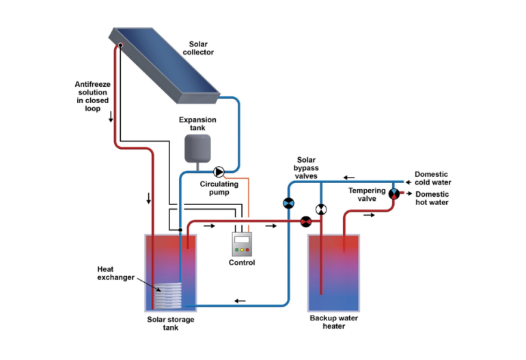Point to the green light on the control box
[237, 250]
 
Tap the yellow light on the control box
[243, 250]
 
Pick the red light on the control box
[248, 250]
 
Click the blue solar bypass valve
[288, 203]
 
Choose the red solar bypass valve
[306, 221]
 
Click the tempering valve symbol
[393, 194]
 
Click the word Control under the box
[242, 263]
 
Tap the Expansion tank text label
[197, 124]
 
